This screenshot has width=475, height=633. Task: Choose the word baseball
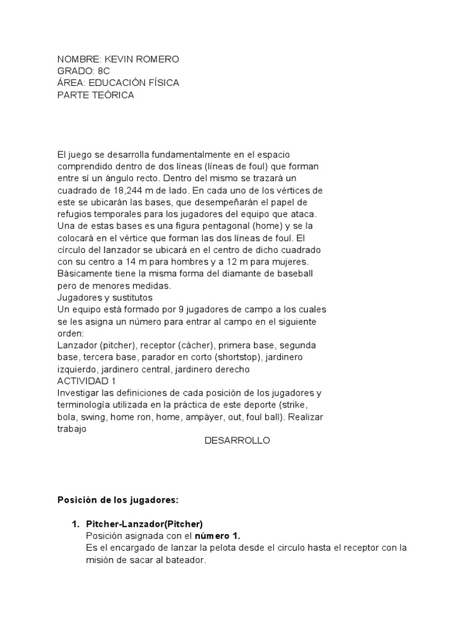click(295, 273)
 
